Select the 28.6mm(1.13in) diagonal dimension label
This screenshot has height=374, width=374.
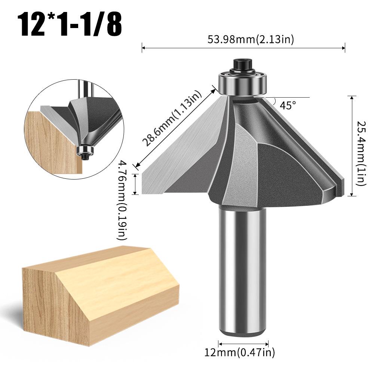pos(172,119)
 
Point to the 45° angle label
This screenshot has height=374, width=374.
pos(288,105)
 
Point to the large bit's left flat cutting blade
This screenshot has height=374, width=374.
pos(180,157)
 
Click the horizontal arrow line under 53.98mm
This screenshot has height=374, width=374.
pos(243,47)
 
